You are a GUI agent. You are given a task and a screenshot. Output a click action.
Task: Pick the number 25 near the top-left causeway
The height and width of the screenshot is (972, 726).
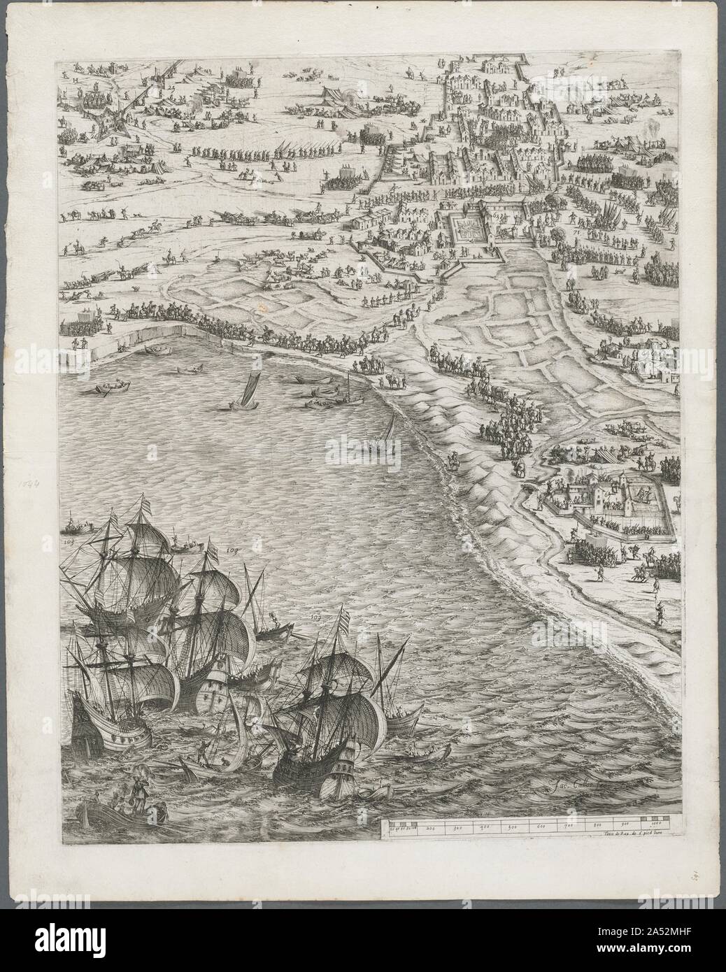pos(171,90)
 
